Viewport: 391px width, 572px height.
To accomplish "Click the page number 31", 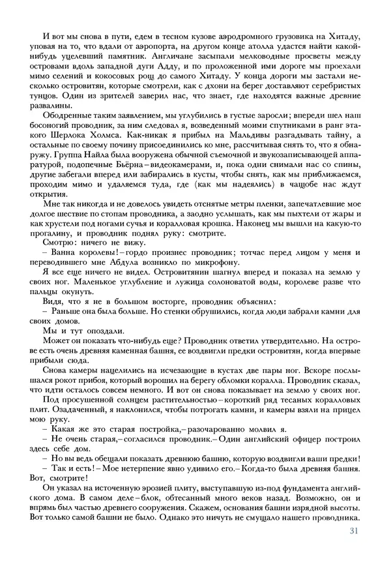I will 354,530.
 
